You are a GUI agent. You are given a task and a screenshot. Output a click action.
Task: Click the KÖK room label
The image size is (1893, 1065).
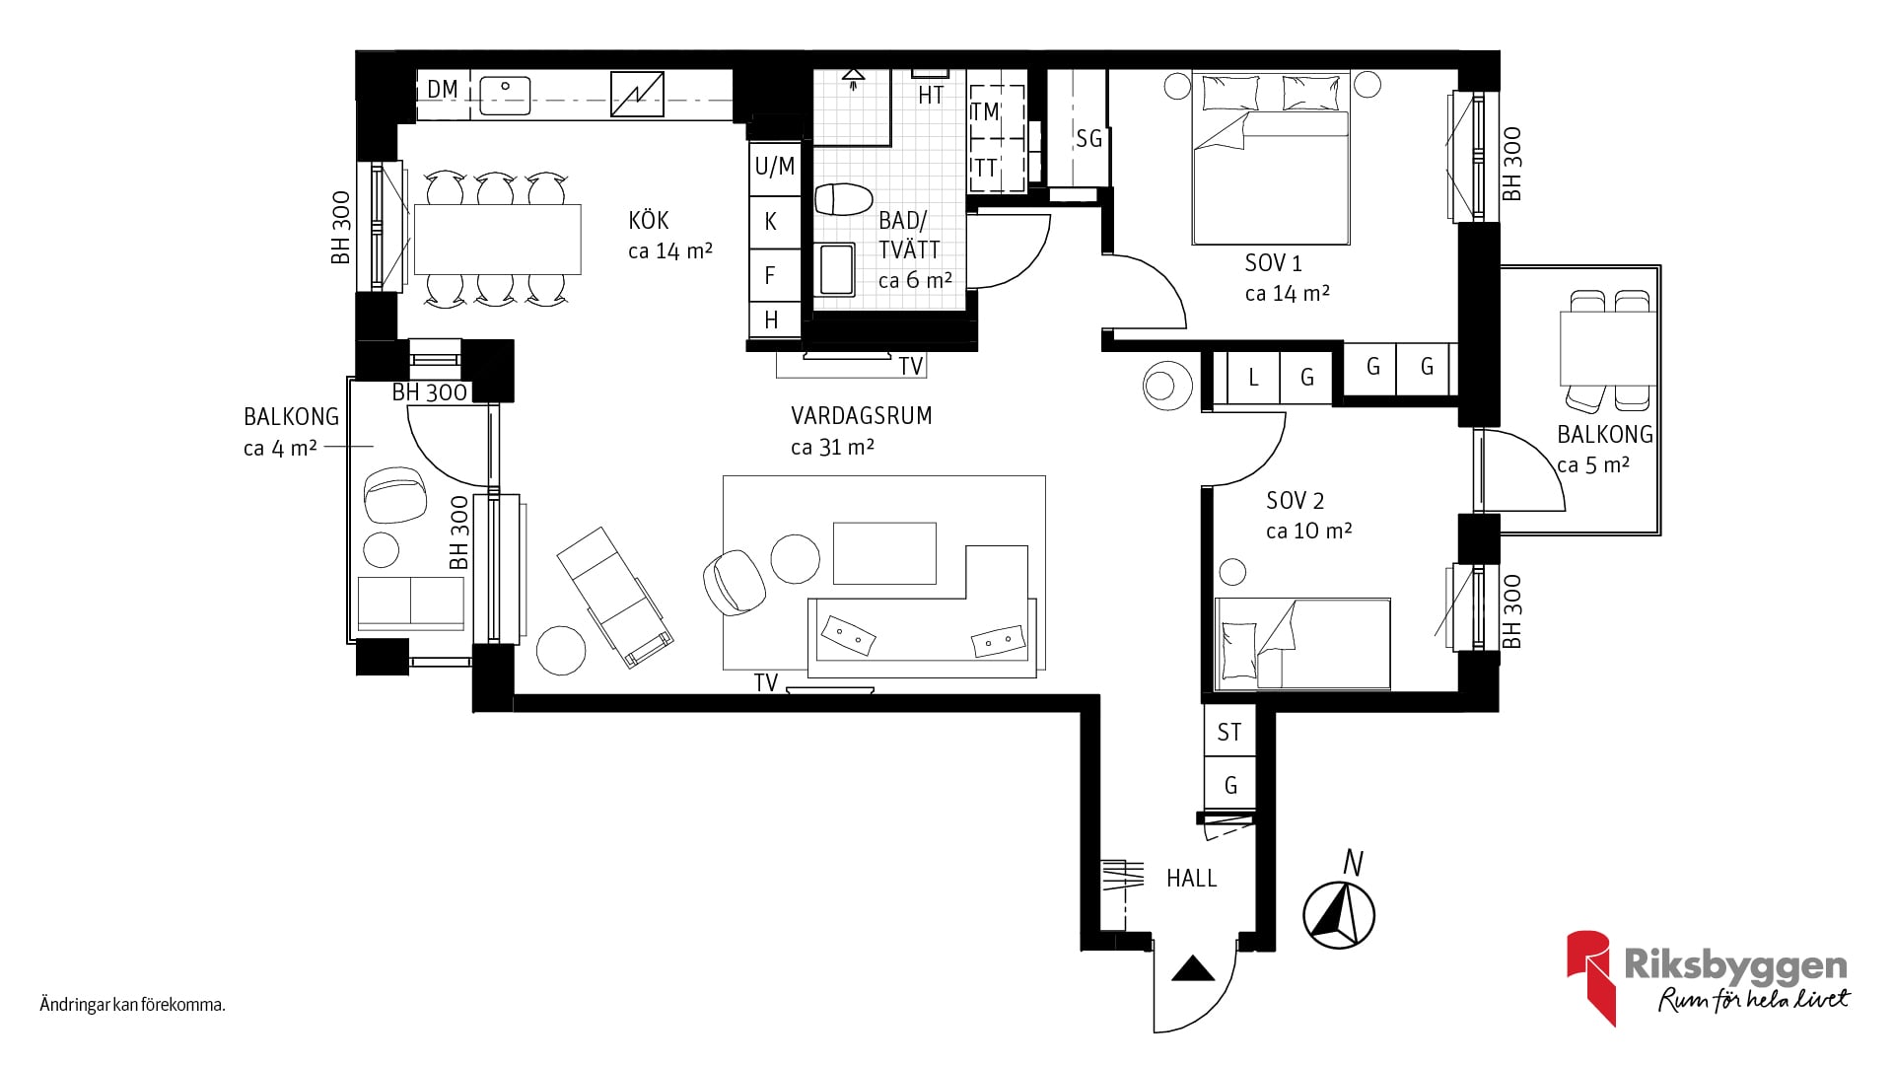click(x=649, y=219)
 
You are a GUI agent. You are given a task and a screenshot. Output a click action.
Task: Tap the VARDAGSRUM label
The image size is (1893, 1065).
click(x=861, y=415)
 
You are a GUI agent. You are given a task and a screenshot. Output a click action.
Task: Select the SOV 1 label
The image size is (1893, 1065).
click(x=1273, y=263)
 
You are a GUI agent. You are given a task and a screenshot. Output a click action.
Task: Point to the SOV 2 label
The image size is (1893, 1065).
click(x=1295, y=501)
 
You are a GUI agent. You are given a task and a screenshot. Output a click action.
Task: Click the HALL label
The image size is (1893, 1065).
click(x=1191, y=878)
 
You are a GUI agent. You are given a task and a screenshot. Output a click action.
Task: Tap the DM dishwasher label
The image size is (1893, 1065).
click(x=443, y=90)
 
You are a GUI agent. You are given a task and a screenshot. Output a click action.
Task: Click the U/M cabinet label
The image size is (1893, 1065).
click(x=774, y=167)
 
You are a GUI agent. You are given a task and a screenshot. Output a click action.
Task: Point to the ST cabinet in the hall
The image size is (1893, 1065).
click(x=1229, y=732)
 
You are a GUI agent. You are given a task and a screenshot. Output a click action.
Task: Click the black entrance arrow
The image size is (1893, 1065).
click(x=1193, y=968)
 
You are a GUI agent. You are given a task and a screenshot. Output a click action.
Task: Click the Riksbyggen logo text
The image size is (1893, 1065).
click(x=1734, y=965)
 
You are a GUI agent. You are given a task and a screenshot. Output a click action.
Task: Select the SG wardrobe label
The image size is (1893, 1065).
click(x=1088, y=139)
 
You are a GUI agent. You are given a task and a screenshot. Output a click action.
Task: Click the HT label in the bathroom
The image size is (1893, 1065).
click(x=931, y=96)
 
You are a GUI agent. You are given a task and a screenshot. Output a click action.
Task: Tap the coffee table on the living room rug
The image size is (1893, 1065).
click(x=884, y=553)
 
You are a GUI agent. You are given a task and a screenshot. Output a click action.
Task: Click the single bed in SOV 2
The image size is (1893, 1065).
click(x=1302, y=643)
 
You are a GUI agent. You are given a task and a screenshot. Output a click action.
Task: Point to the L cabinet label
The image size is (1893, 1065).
click(x=1253, y=378)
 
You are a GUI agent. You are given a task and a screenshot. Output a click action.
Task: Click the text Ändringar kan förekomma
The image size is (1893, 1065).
click(x=133, y=1006)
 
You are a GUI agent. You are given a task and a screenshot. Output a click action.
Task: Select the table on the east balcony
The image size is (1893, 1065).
click(x=1608, y=348)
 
